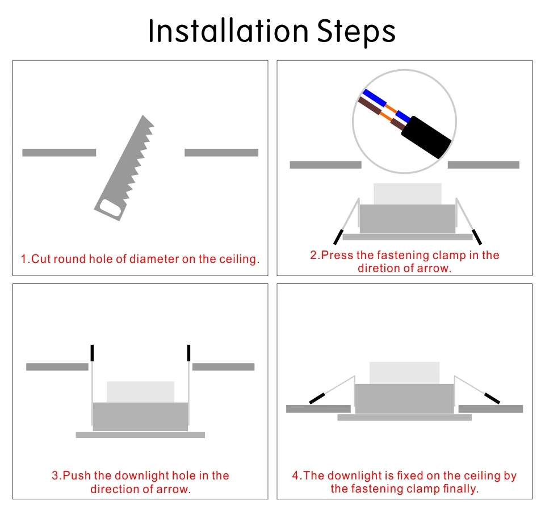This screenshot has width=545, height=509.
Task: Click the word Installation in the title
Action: (228, 31)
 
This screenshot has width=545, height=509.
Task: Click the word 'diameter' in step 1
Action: (154, 260)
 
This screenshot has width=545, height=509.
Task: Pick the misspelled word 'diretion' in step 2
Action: (378, 269)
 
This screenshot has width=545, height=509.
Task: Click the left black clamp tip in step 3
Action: (92, 353)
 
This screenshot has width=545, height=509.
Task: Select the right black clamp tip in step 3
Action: (188, 353)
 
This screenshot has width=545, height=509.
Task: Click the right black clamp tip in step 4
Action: (492, 398)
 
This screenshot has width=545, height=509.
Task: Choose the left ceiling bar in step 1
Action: (59, 152)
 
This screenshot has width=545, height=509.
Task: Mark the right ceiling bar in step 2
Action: (483, 165)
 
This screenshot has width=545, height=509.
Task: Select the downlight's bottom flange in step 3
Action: (140, 435)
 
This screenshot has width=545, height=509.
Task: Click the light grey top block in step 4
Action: (404, 373)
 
